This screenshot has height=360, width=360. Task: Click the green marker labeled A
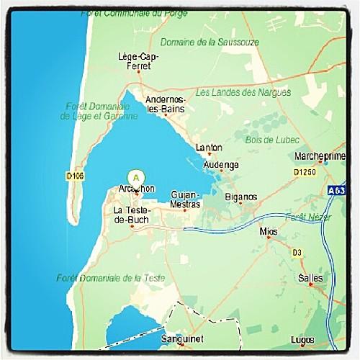pyautogui.click(x=135, y=176)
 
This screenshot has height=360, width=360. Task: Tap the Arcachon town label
pyautogui.click(x=135, y=189)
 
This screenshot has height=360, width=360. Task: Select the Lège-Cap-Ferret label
pyautogui.click(x=138, y=60)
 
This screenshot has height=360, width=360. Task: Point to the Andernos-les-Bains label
pyautogui.click(x=165, y=104)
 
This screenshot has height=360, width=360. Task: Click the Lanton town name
pyautogui.click(x=208, y=148)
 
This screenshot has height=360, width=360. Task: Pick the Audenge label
pyautogui.click(x=220, y=164)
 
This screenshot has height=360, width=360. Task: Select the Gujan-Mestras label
pyautogui.click(x=185, y=199)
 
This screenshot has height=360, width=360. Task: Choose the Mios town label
pyautogui.click(x=268, y=232)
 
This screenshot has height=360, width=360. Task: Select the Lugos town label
pyautogui.click(x=302, y=339)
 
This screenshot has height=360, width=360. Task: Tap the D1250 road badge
pyautogui.click(x=305, y=173)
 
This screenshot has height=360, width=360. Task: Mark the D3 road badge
pyautogui.click(x=297, y=251)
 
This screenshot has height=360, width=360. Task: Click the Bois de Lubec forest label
pyautogui.click(x=267, y=139)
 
